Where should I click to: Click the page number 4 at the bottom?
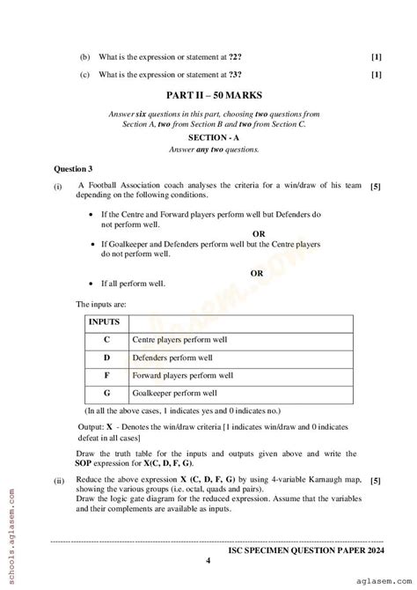click(x=208, y=560)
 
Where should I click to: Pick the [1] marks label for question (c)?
click(x=377, y=74)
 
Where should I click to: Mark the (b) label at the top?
click(x=84, y=56)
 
